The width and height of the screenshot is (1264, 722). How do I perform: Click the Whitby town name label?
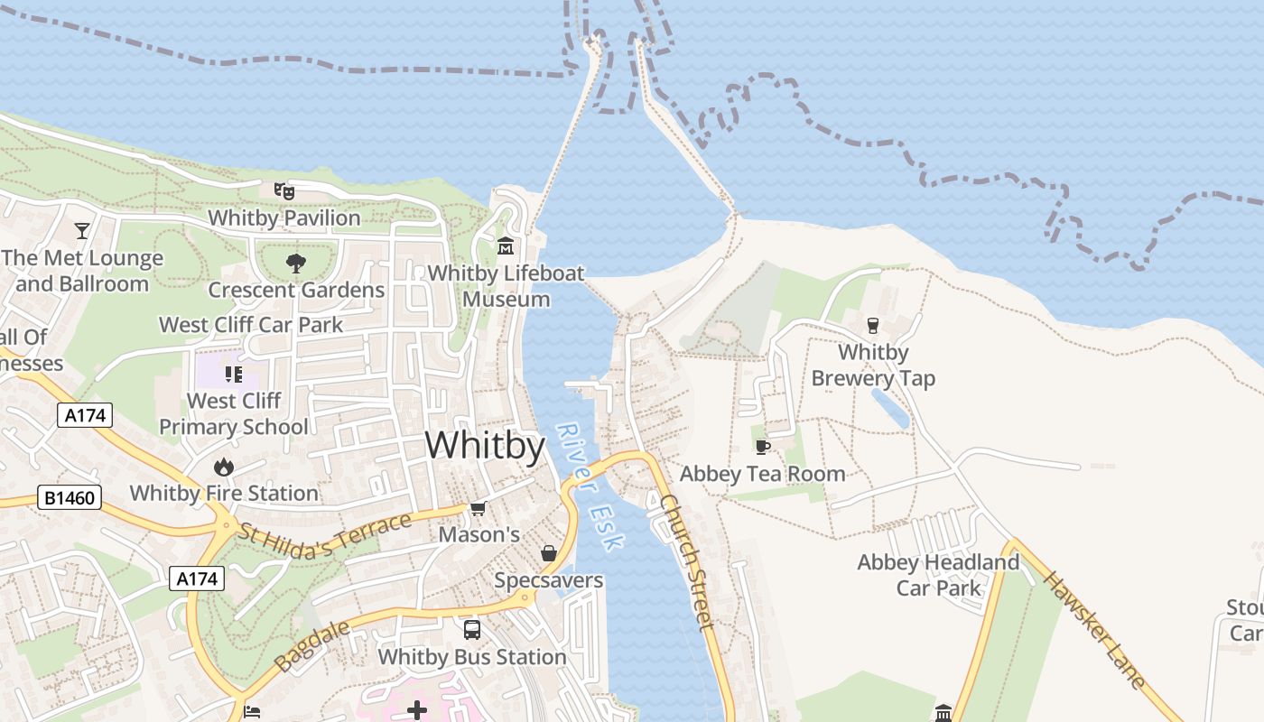coord(485,446)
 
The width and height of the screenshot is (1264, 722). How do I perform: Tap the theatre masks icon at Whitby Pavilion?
coord(284,191)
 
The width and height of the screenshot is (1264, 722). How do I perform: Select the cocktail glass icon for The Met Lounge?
coord(82,231)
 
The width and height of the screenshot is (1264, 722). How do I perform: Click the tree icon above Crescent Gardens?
coord(295,264)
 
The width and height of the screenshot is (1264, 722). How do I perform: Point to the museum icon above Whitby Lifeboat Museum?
coord(506,245)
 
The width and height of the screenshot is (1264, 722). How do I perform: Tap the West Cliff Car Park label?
coord(251,325)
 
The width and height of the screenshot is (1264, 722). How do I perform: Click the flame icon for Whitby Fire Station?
coord(224,467)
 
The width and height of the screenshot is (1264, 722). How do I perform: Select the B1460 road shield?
coord(70,497)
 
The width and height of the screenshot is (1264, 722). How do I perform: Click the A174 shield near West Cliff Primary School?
coord(85,416)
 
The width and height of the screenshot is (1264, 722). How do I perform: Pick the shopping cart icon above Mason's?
coord(479,509)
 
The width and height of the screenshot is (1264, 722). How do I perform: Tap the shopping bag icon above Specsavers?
coord(548,553)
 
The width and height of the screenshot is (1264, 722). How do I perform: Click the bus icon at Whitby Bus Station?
coord(472,630)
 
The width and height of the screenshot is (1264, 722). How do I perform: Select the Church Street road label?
coord(688,560)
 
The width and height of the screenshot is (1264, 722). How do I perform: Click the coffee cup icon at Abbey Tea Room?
coord(763,447)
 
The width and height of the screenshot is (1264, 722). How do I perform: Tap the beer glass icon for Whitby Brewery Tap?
coord(872,325)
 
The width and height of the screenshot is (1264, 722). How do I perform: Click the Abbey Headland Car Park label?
coord(938,575)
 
